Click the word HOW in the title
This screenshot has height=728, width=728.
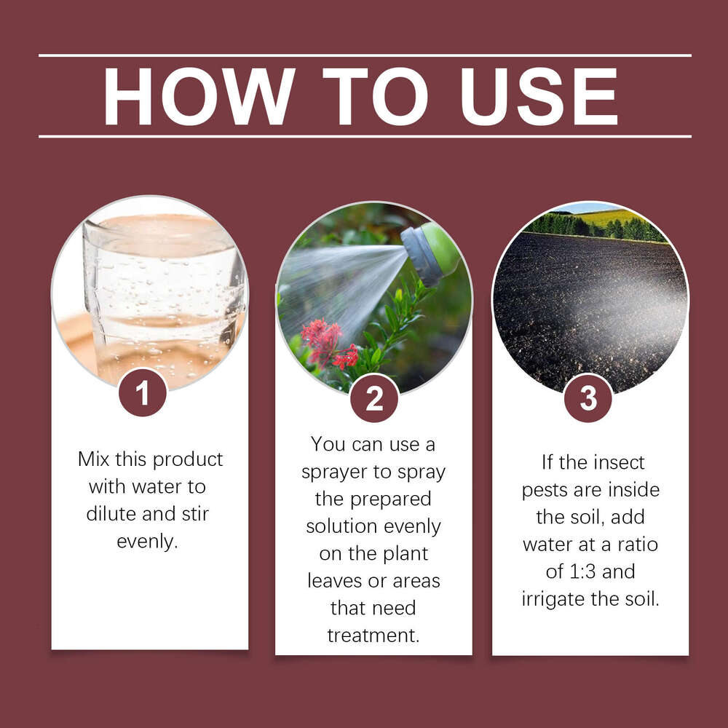tap(198, 96)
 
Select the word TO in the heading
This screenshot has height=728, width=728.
tap(376, 96)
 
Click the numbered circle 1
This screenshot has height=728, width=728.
tap(143, 393)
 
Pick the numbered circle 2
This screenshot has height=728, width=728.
tap(374, 398)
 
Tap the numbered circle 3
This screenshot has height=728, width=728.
tap(588, 398)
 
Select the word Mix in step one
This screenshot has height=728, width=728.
tap(95, 459)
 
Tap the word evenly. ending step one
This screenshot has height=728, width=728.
tap(147, 542)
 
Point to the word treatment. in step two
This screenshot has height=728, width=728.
tap(373, 636)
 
